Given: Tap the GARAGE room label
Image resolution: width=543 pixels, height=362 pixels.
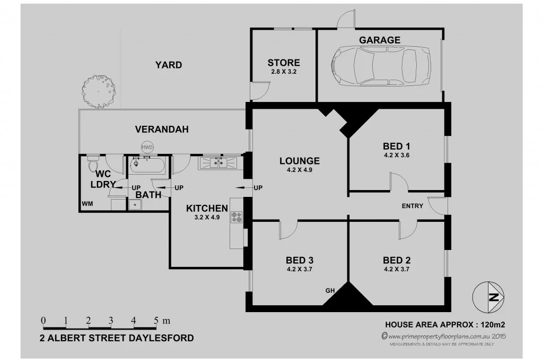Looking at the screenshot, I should (380, 40).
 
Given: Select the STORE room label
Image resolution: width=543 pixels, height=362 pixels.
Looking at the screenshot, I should (284, 63).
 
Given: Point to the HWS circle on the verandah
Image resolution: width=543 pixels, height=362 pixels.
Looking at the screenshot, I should (147, 146).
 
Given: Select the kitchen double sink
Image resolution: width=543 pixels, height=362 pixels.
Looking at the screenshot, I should (219, 162).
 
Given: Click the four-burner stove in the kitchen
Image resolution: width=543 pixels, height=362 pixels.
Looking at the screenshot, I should (237, 217).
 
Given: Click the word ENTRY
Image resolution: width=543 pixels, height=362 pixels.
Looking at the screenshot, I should (413, 206).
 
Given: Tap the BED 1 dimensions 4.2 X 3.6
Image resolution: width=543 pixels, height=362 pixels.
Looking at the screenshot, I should (397, 156).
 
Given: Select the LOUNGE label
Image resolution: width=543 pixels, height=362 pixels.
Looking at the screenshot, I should (300, 161).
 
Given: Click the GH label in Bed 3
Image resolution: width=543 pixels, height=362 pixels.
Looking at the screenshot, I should (330, 290).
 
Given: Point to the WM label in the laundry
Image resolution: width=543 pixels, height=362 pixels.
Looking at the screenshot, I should (87, 204).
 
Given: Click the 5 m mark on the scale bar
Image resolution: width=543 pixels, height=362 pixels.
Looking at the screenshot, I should (156, 321).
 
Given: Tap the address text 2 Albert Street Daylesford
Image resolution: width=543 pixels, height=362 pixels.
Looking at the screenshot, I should (117, 338).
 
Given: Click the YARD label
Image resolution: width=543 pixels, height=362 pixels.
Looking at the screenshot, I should (169, 65).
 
